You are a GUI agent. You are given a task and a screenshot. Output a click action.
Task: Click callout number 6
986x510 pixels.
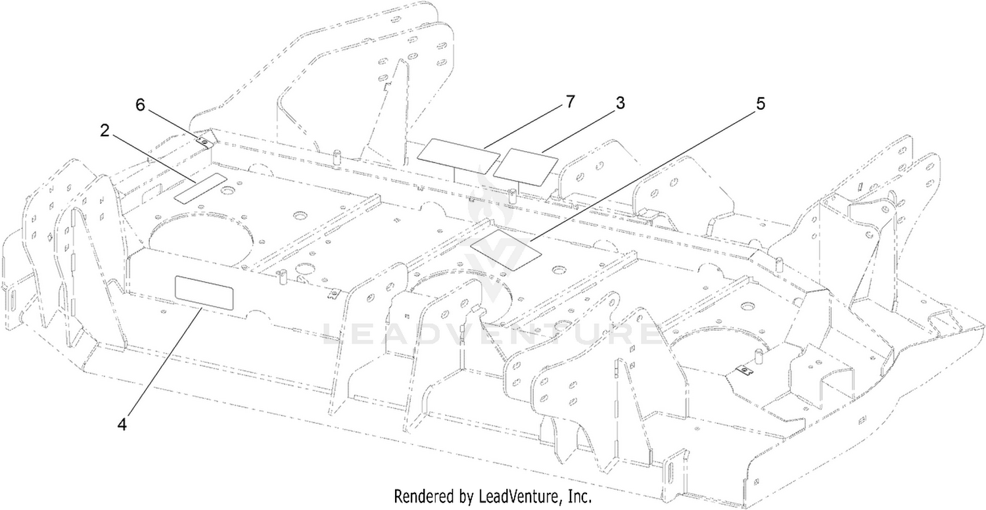[x=140, y=106]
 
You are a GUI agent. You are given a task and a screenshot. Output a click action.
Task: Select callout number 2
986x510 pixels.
[x=105, y=131]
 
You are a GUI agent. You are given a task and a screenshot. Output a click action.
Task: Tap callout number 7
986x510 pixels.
[x=570, y=102]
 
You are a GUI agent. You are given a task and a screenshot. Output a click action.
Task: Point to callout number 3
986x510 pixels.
[x=620, y=103]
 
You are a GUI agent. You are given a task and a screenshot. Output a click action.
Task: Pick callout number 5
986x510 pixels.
[x=761, y=104]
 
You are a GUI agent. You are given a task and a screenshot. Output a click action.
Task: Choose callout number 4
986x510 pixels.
[x=122, y=425]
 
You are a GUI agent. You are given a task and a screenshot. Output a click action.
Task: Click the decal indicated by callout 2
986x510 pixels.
[x=200, y=188]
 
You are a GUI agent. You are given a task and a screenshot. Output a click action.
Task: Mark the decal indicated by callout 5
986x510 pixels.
[x=505, y=250]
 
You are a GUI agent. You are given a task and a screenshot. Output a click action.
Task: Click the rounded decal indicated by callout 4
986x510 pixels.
[x=204, y=293]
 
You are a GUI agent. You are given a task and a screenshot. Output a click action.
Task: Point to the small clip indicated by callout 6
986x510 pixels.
[x=203, y=141]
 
